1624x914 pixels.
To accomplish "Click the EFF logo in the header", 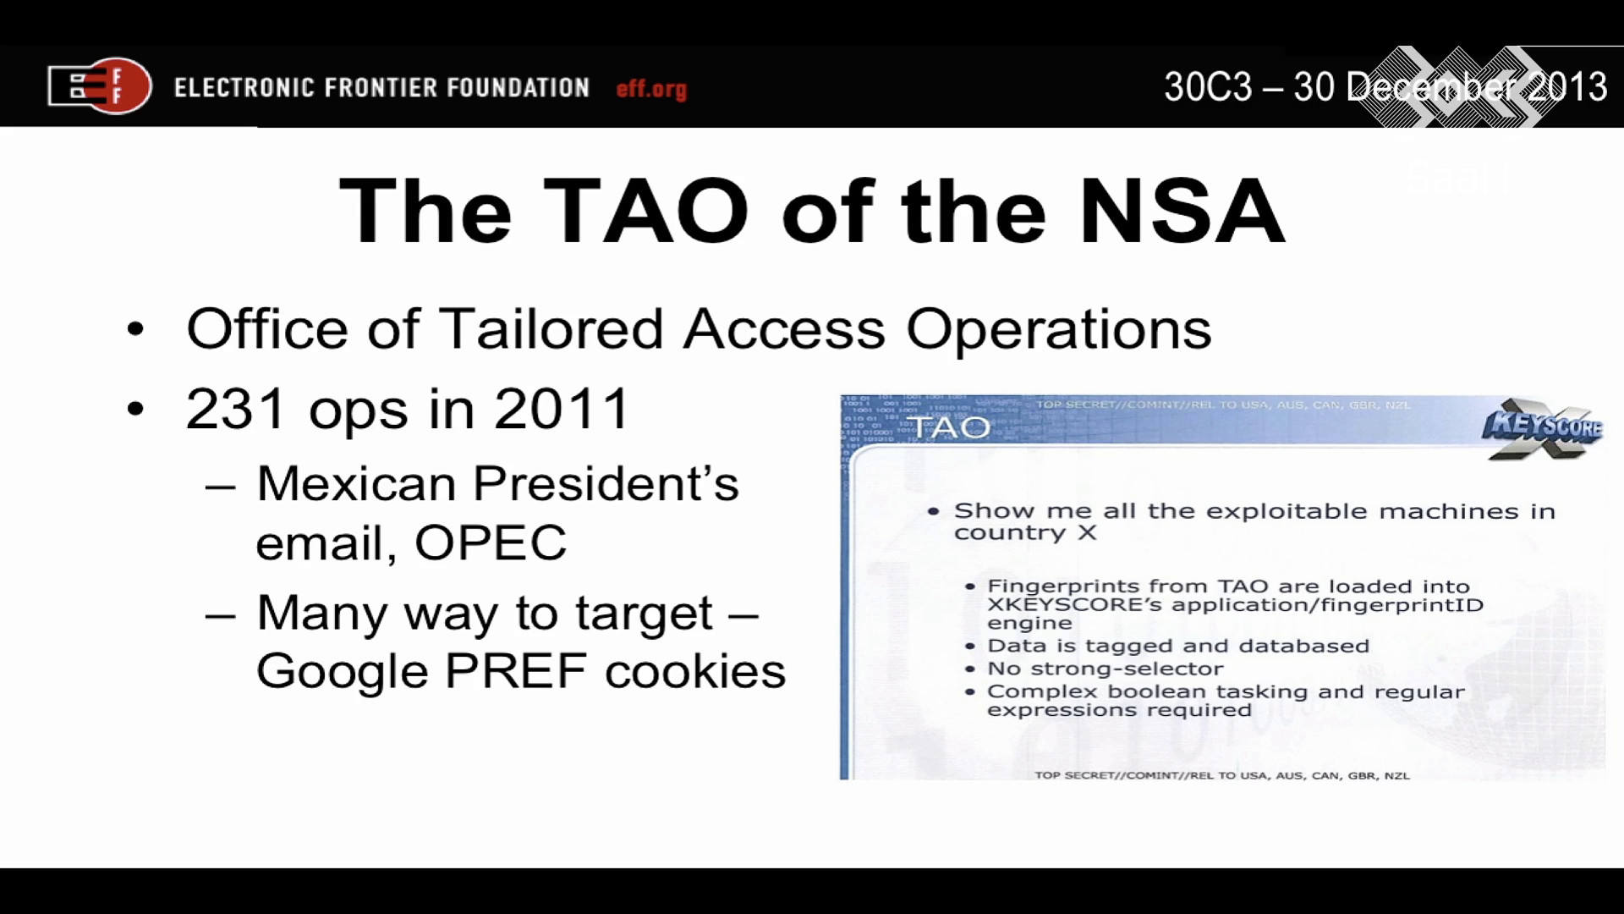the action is [100, 85].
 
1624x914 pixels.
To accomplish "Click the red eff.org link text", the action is [651, 89].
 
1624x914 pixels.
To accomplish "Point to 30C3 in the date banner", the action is [1207, 86].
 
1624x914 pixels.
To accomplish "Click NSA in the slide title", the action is [1182, 211].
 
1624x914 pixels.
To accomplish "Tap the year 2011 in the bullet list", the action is [562, 409].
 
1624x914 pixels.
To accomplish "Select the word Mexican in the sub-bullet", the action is [356, 484].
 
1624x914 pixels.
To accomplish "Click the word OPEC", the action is [491, 542].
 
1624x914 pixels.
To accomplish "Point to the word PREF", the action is [516, 671].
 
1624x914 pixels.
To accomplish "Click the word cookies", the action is [695, 671].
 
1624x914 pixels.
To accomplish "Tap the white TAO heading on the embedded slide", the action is [947, 427].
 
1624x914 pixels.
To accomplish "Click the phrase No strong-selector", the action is [1106, 669].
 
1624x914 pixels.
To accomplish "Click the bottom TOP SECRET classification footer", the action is [1222, 775].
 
